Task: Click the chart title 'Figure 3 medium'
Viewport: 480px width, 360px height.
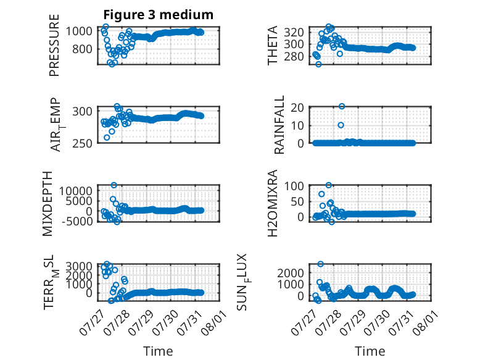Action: [x=159, y=15]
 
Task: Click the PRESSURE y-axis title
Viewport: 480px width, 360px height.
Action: [x=54, y=45]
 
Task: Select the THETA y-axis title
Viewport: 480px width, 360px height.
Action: [x=272, y=45]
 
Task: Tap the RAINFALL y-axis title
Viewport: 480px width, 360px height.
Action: [x=279, y=125]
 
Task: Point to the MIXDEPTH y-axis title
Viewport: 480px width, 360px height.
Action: [x=48, y=203]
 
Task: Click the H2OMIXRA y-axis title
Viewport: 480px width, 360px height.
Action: [x=272, y=203]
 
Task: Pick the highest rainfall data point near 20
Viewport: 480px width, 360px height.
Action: [x=342, y=106]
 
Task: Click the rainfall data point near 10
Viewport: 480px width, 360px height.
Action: [x=341, y=125]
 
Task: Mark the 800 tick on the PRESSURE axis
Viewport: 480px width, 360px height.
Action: [x=82, y=49]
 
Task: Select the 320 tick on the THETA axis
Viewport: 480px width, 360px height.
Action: [x=294, y=32]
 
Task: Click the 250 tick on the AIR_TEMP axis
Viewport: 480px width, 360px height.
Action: [x=82, y=143]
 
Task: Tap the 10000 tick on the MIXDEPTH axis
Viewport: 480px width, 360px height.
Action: [x=76, y=191]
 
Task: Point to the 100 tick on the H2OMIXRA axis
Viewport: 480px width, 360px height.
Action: [x=294, y=186]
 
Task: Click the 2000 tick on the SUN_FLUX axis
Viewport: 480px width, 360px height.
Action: [x=291, y=273]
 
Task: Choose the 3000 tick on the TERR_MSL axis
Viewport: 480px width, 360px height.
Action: [x=79, y=266]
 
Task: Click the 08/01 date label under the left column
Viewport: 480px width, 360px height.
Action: [x=214, y=322]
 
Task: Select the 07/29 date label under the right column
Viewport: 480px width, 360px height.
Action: [x=353, y=322]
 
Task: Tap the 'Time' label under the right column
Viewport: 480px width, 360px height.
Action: [x=370, y=351]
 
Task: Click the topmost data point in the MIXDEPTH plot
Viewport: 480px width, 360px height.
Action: [x=114, y=185]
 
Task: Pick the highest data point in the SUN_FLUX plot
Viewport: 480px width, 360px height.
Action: [x=320, y=264]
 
